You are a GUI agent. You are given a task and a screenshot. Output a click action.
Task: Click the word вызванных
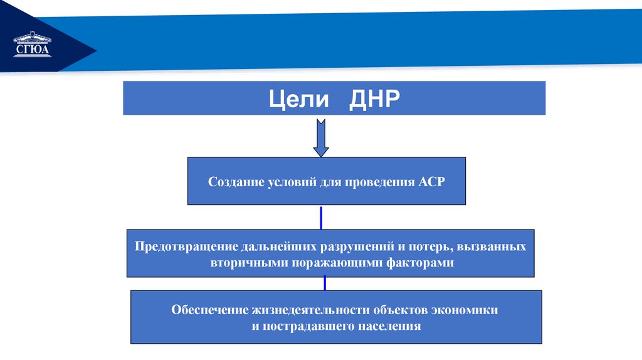497,246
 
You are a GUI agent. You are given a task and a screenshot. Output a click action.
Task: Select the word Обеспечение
209,310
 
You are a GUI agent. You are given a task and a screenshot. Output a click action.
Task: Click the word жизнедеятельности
311,310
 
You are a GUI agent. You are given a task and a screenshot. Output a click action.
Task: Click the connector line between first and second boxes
321,217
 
